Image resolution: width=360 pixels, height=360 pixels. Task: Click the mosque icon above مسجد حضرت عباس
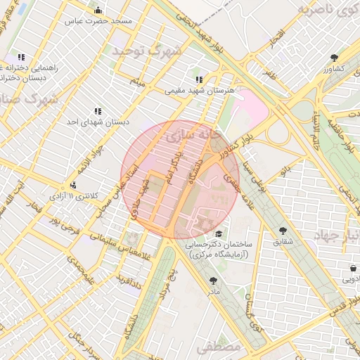pyautogui.click(x=98, y=11)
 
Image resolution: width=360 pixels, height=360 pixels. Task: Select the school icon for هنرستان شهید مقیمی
pyautogui.click(x=199, y=79)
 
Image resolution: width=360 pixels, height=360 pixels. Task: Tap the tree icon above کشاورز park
pyautogui.click(x=333, y=58)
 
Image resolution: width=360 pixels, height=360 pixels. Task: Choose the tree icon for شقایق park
pyautogui.click(x=283, y=231)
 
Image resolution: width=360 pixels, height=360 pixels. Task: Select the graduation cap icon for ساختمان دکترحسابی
pyautogui.click(x=219, y=234)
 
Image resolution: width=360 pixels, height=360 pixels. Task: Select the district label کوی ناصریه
pyautogui.click(x=326, y=10)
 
